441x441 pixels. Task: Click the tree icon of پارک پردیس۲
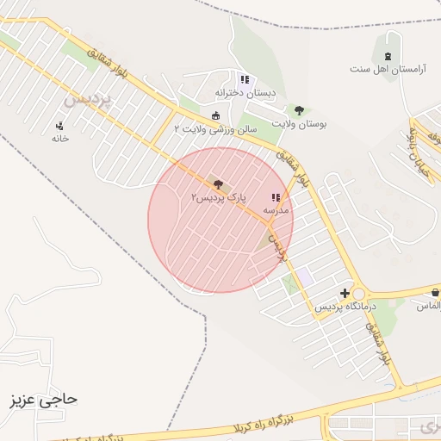coord(216,183)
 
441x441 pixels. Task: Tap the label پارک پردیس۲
coord(219,197)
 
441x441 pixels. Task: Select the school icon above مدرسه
coord(276,197)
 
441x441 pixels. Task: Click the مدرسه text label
coord(276,209)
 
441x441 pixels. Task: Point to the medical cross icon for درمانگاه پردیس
coord(345,294)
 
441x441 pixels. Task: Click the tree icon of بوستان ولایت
coord(299,110)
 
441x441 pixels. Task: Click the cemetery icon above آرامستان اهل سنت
coord(387,56)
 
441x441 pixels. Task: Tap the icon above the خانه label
coord(59,125)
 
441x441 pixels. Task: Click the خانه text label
coord(59,138)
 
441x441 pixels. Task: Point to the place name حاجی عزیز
coord(43,401)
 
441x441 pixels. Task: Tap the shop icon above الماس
coord(434,293)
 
